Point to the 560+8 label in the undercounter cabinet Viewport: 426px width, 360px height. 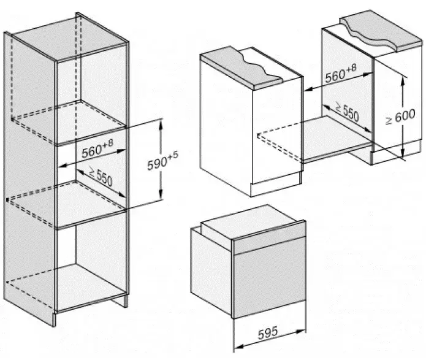click(x=340, y=76)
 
